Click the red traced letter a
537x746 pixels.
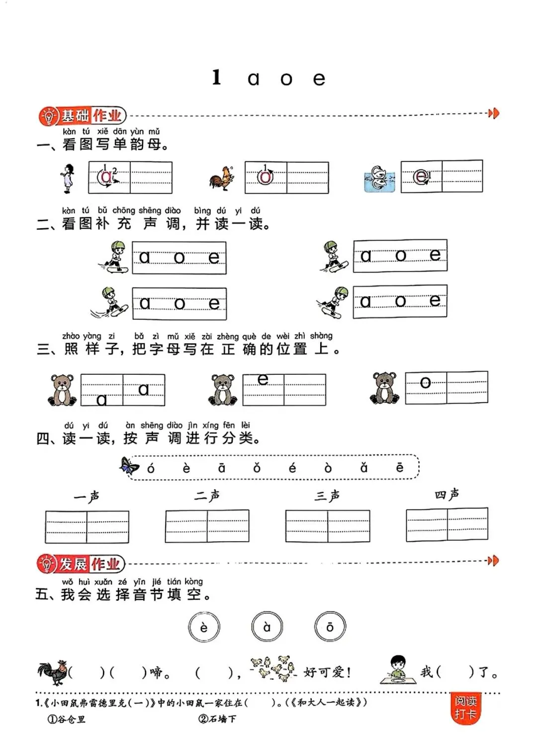tap(106, 177)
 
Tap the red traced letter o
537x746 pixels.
tap(266, 177)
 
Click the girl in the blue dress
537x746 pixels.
tap(68, 178)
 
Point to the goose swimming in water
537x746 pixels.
tap(380, 178)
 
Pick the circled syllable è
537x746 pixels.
tap(204, 627)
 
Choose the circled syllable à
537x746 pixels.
tap(267, 627)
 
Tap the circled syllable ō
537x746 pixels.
tap(330, 627)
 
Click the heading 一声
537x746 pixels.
tap(87, 497)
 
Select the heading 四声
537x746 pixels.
tap(447, 495)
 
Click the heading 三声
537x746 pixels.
tap(327, 496)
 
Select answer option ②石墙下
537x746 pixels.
tap(217, 719)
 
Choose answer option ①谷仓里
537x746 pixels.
tap(67, 719)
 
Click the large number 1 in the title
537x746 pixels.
tap(216, 78)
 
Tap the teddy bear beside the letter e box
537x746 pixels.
tap(222, 389)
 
